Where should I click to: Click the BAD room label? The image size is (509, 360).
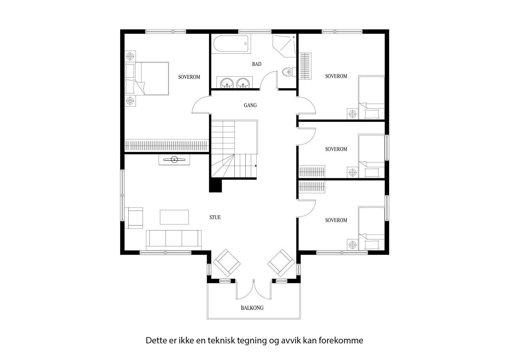pos(256,64)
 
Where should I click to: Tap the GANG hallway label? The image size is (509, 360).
pos(250,105)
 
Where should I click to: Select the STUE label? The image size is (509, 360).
pos(215,217)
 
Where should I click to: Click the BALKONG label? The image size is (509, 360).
pos(252,308)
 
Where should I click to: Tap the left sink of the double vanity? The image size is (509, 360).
pos(227,83)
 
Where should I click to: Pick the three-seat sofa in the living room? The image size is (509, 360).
pos(174,239)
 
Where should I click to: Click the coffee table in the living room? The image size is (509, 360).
pos(174,217)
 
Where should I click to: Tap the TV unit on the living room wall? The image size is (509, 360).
pos(174,160)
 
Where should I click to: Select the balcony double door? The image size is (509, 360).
pos(254,290)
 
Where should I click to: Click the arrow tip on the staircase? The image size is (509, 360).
pos(256,166)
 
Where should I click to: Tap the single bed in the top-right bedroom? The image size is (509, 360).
pos(371,97)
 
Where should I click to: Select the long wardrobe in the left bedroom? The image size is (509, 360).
pos(167,145)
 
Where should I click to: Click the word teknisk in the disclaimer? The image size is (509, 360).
pos(220,341)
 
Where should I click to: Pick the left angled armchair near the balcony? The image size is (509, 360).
pos(226,263)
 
